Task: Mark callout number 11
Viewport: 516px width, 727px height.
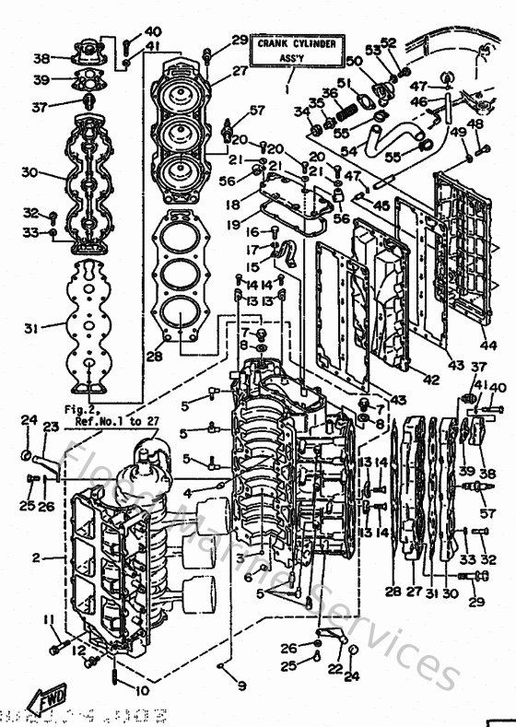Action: (x=53, y=619)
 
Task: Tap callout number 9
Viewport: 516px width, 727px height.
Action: (x=241, y=686)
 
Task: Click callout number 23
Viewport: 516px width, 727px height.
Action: (x=50, y=427)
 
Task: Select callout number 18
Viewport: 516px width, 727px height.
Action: (x=232, y=205)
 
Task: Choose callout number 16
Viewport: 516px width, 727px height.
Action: (x=252, y=233)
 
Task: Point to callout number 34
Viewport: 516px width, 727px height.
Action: (x=300, y=112)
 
